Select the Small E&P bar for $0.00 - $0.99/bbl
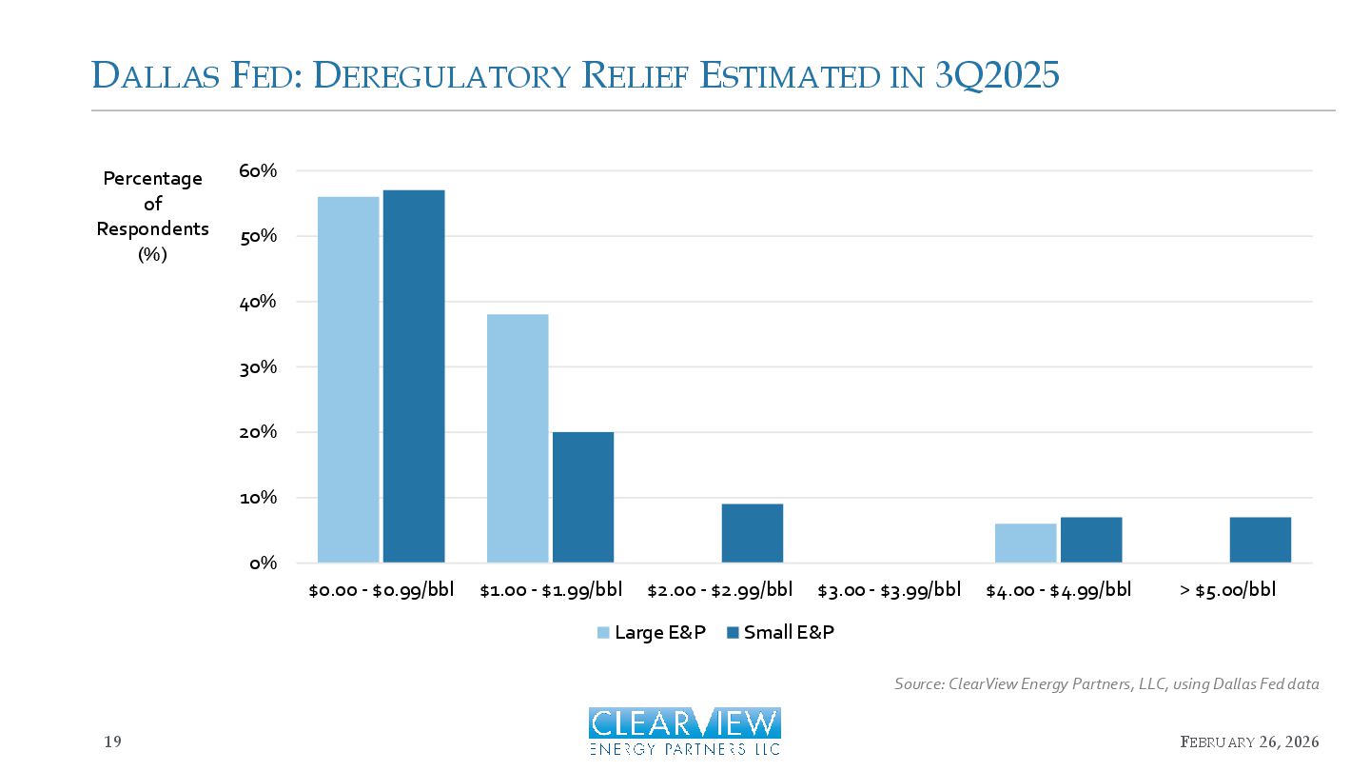click(414, 376)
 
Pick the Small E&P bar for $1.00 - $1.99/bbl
click(583, 497)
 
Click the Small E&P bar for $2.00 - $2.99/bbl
click(753, 533)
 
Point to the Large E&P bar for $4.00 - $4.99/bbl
click(1026, 543)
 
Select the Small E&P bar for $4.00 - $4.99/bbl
click(1091, 540)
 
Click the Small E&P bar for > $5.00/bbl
click(1261, 540)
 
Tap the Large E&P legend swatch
click(603, 633)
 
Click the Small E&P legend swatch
click(733, 633)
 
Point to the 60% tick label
click(258, 171)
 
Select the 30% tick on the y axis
click(258, 367)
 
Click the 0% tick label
click(263, 563)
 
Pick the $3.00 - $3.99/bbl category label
click(890, 590)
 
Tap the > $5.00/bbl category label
click(1228, 590)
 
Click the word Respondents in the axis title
click(153, 228)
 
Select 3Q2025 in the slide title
click(997, 75)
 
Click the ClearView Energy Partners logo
click(685, 731)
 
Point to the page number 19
click(112, 741)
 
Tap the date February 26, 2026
click(1250, 741)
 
